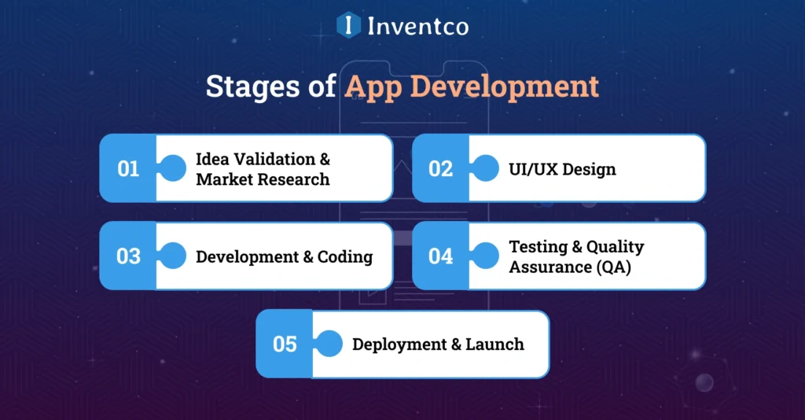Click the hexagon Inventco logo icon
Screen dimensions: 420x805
click(x=348, y=25)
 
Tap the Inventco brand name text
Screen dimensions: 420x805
click(x=417, y=26)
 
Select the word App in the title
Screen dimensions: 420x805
click(x=373, y=87)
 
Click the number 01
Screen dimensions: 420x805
click(x=128, y=168)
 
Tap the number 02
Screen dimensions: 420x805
click(x=441, y=168)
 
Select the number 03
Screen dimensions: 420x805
click(x=128, y=256)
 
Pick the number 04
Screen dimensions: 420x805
click(x=441, y=256)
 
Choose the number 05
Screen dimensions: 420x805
click(x=285, y=344)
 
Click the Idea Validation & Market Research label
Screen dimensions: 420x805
click(x=263, y=168)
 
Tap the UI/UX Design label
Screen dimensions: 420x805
click(x=562, y=169)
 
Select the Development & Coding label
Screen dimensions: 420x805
click(x=284, y=256)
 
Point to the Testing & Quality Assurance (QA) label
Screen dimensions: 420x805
click(x=576, y=256)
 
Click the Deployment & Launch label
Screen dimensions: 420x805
click(x=438, y=344)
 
